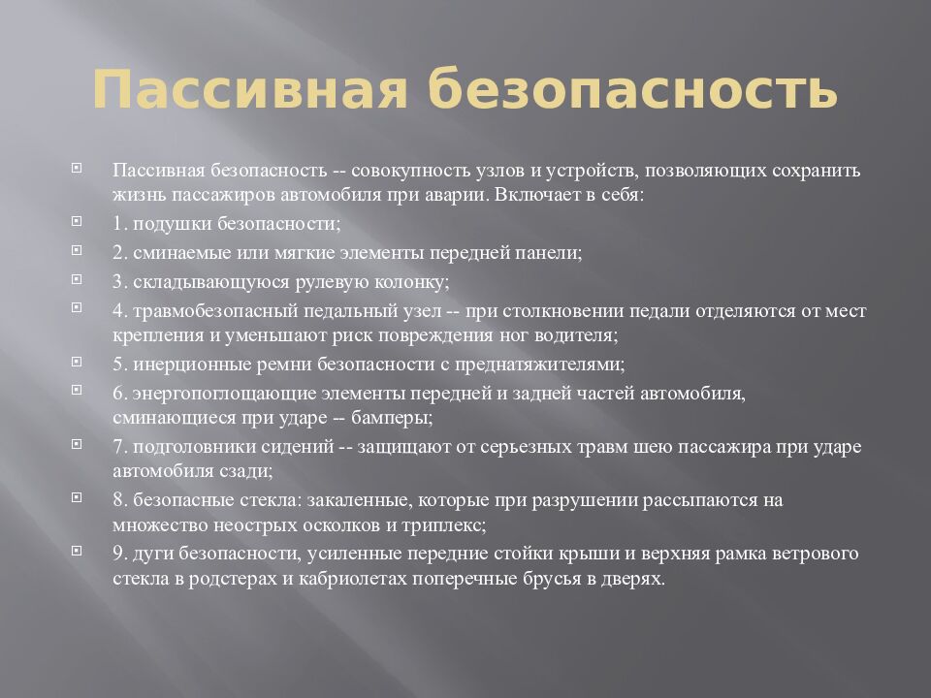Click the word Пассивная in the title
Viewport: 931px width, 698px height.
click(x=248, y=91)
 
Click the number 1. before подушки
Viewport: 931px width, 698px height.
click(x=120, y=223)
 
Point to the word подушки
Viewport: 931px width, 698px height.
click(x=166, y=223)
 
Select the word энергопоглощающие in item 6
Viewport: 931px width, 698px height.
click(x=215, y=395)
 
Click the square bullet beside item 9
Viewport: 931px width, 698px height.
click(x=77, y=551)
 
